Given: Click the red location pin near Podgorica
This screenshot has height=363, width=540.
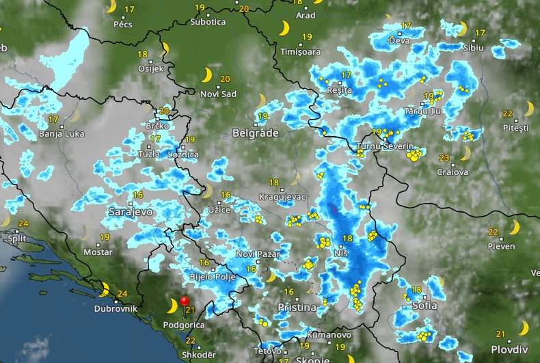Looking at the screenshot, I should [184, 301].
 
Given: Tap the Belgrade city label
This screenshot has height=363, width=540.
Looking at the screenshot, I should [256, 133].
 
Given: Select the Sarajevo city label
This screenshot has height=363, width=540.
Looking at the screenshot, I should [131, 213].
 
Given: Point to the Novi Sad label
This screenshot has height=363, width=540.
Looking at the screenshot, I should [219, 94].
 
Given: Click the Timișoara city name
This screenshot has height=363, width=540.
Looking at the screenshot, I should [300, 52].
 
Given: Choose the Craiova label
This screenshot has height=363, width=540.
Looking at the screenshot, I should [453, 172].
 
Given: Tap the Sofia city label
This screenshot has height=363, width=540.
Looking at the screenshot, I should [424, 306].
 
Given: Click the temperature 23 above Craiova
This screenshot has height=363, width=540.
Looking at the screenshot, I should [444, 157].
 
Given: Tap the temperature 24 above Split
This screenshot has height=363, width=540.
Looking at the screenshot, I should [23, 224].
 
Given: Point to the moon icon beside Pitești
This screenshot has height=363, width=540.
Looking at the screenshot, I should [528, 109].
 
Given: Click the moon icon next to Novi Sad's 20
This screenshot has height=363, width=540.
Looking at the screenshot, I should [206, 75].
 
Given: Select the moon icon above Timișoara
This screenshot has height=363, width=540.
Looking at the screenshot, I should [284, 29].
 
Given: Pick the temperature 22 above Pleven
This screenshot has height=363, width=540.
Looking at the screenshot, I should [493, 232].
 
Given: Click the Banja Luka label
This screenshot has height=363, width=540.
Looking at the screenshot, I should [62, 134].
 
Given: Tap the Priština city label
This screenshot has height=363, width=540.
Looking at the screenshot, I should [297, 308].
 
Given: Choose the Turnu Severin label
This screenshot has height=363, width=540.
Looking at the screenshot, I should [385, 146].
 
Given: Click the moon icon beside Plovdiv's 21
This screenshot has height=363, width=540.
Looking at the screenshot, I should [523, 328].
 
